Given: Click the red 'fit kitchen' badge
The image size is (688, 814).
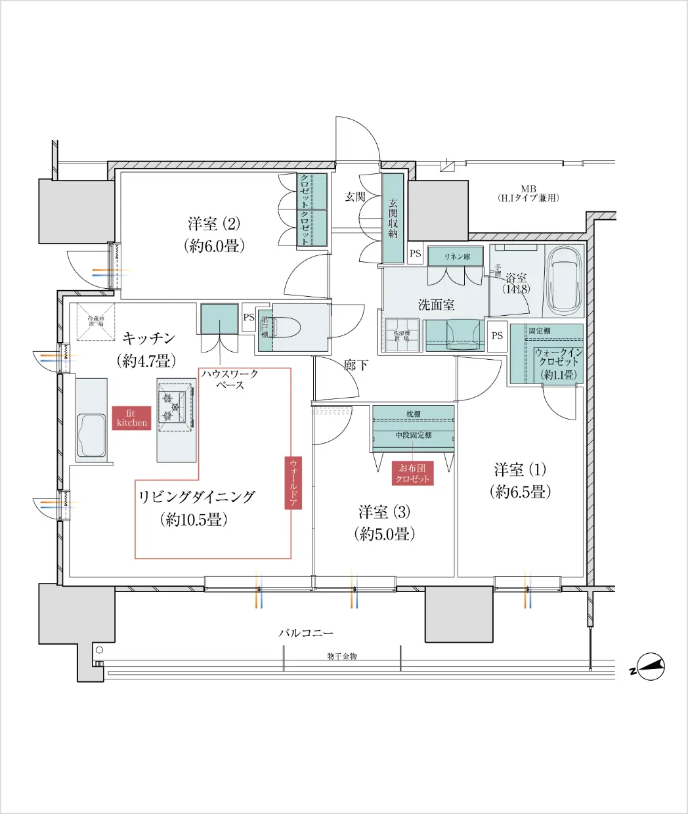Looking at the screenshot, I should (x=131, y=418).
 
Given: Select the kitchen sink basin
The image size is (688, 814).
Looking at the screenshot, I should (x=91, y=435).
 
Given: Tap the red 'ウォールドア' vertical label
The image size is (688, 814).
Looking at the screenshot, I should (x=293, y=482).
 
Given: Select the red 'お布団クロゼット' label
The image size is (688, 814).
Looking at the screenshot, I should (x=412, y=473).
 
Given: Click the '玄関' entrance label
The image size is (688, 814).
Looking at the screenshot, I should (x=355, y=196).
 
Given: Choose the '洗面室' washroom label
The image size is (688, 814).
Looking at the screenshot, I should (x=436, y=305).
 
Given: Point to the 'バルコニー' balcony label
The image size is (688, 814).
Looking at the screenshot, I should (x=306, y=633).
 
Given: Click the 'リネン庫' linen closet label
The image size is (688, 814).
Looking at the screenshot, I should (x=456, y=257).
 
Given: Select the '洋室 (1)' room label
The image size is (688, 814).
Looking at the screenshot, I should (x=519, y=470).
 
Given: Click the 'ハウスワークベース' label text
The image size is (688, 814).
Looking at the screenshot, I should (x=230, y=379).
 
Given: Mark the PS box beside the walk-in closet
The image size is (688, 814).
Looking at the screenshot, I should (x=497, y=335).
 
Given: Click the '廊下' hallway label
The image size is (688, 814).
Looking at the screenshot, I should (x=356, y=365).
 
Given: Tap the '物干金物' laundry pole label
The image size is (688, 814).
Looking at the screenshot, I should (x=342, y=656).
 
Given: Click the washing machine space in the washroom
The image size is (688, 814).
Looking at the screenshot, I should (x=402, y=334).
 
